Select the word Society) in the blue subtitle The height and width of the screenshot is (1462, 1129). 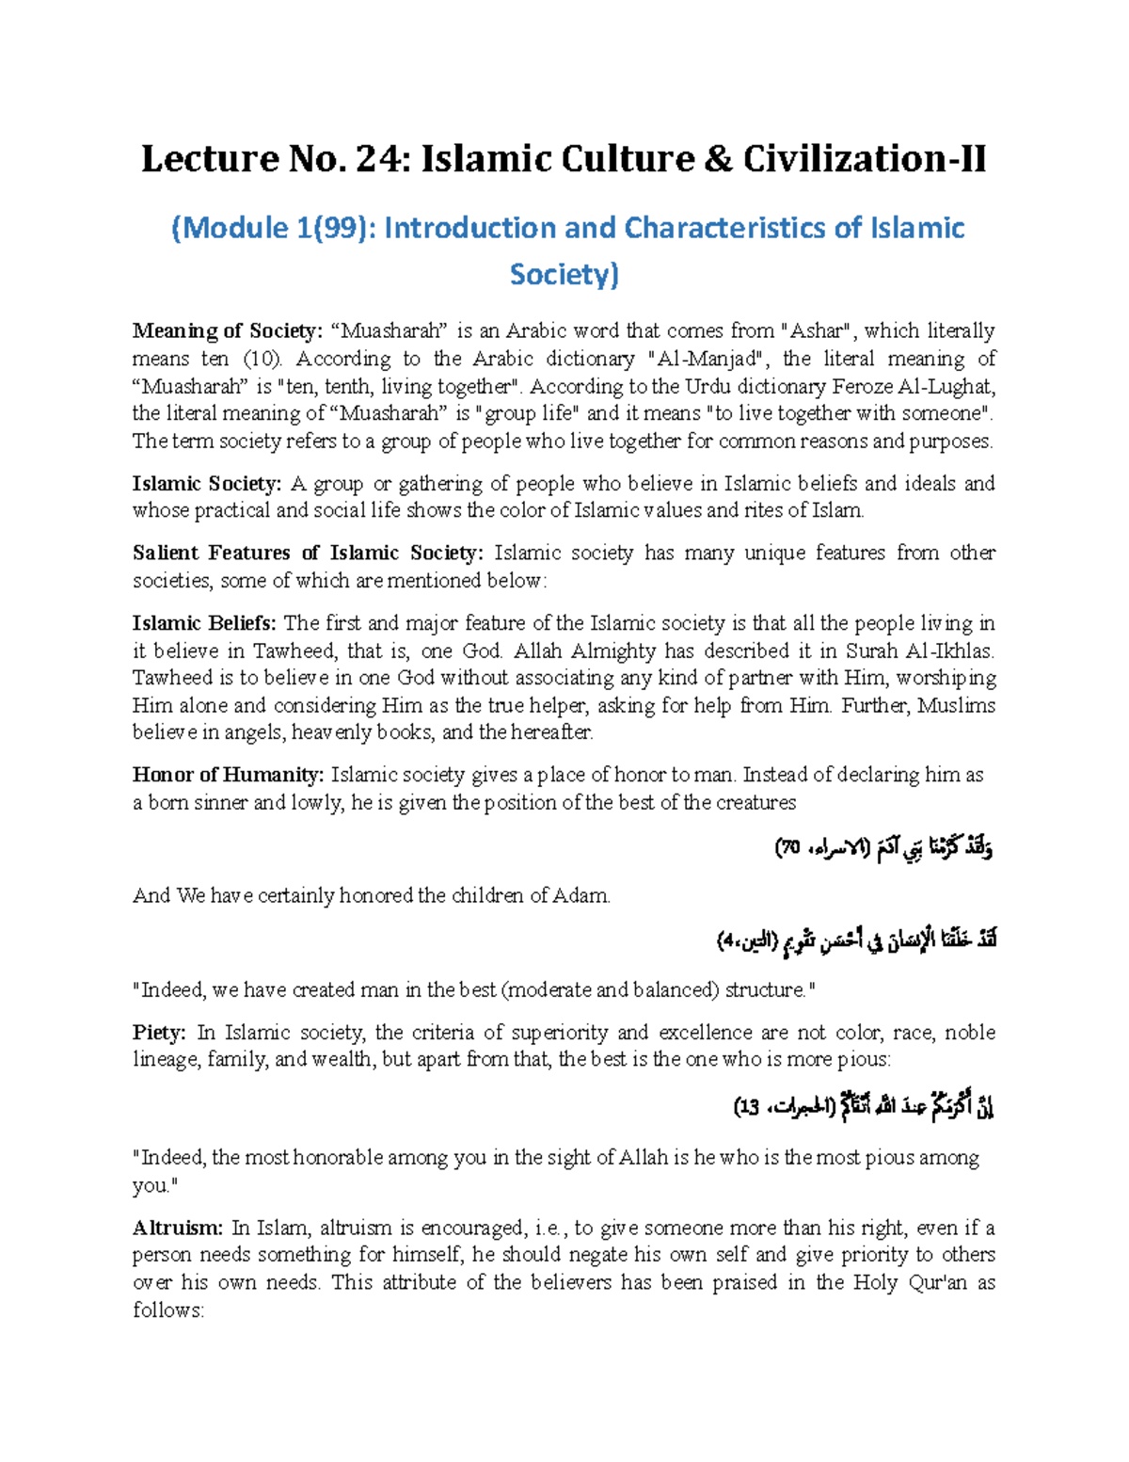click(x=564, y=274)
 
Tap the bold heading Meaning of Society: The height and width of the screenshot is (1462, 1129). click(x=227, y=331)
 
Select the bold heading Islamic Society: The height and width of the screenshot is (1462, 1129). click(x=206, y=484)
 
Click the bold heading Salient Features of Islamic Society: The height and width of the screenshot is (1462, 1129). click(x=308, y=554)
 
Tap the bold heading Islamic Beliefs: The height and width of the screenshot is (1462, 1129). click(x=204, y=623)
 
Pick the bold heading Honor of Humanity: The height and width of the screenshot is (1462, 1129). click(x=228, y=775)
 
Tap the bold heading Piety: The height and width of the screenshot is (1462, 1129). click(x=159, y=1033)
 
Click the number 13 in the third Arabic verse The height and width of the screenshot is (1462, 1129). click(x=749, y=1108)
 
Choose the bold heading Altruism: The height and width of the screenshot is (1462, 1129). click(x=178, y=1228)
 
